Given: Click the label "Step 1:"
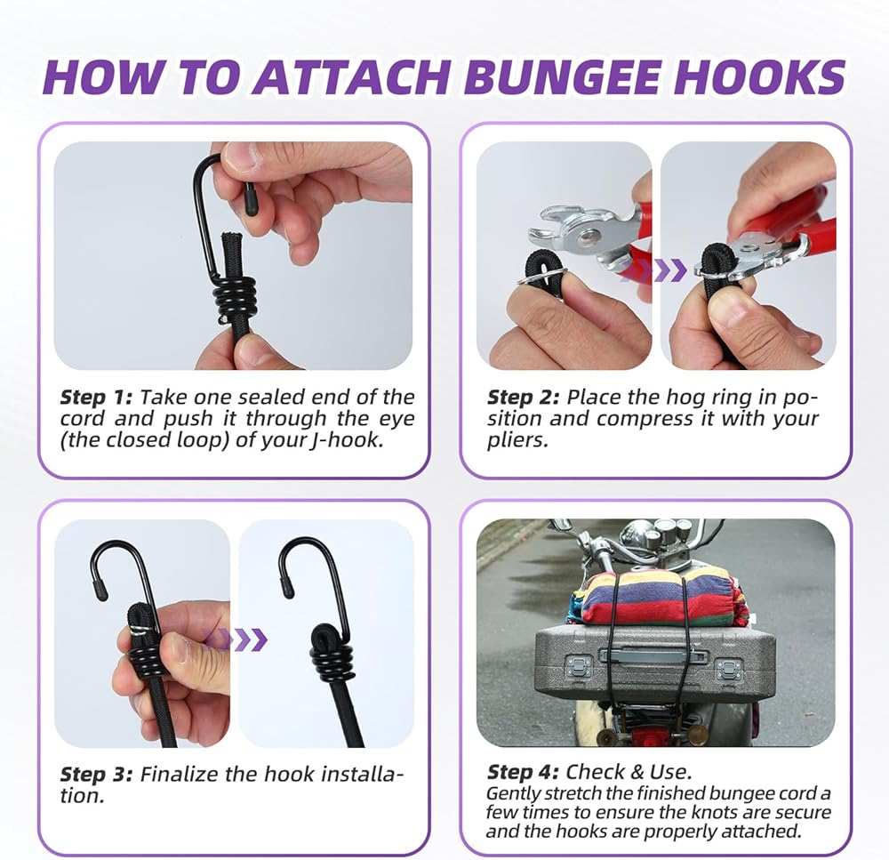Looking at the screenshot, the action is [x=96, y=398].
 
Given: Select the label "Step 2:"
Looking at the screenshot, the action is [x=524, y=398].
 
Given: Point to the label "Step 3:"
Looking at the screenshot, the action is [x=96, y=775].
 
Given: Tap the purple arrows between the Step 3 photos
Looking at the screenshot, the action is [x=236, y=639].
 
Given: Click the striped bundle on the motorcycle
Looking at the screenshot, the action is [x=658, y=599].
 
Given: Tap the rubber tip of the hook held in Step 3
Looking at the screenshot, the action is [x=100, y=589].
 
